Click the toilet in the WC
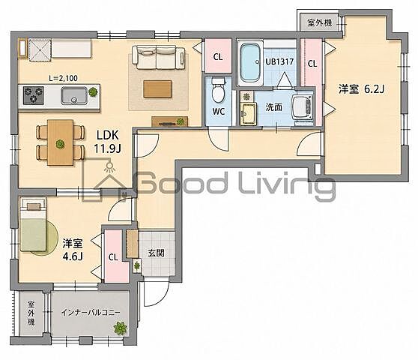pos(219,90)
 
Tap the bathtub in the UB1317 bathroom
pos(250,63)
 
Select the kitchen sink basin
pos(74,95)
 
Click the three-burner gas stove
pos(34,95)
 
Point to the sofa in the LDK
pos(158,57)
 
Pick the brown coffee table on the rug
pos(157,89)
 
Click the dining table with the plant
pos(60,142)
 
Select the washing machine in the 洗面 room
pos(303,107)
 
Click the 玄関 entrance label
pos(156,253)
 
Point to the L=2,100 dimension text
pos(63,78)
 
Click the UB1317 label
pos(279,62)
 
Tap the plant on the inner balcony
pos(120,328)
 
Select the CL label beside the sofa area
pos(218,56)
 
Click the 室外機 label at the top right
pos(320,22)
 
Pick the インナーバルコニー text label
pos(91,312)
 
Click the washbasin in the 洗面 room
pos(248,114)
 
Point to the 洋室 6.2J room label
pos(361,89)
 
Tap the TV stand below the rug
pos(170,121)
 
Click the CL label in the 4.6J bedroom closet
pos(113,257)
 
